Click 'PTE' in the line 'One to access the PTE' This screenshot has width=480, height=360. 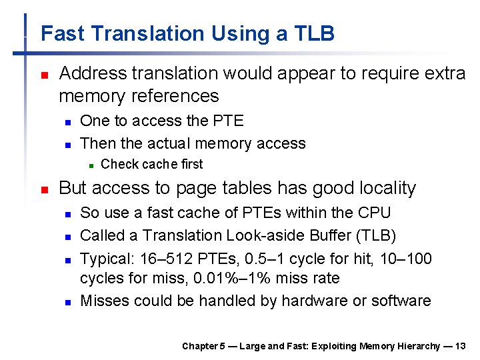pos(229,121)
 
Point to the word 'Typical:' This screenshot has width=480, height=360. pos(106,258)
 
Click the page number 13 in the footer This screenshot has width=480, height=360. pos(459,346)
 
